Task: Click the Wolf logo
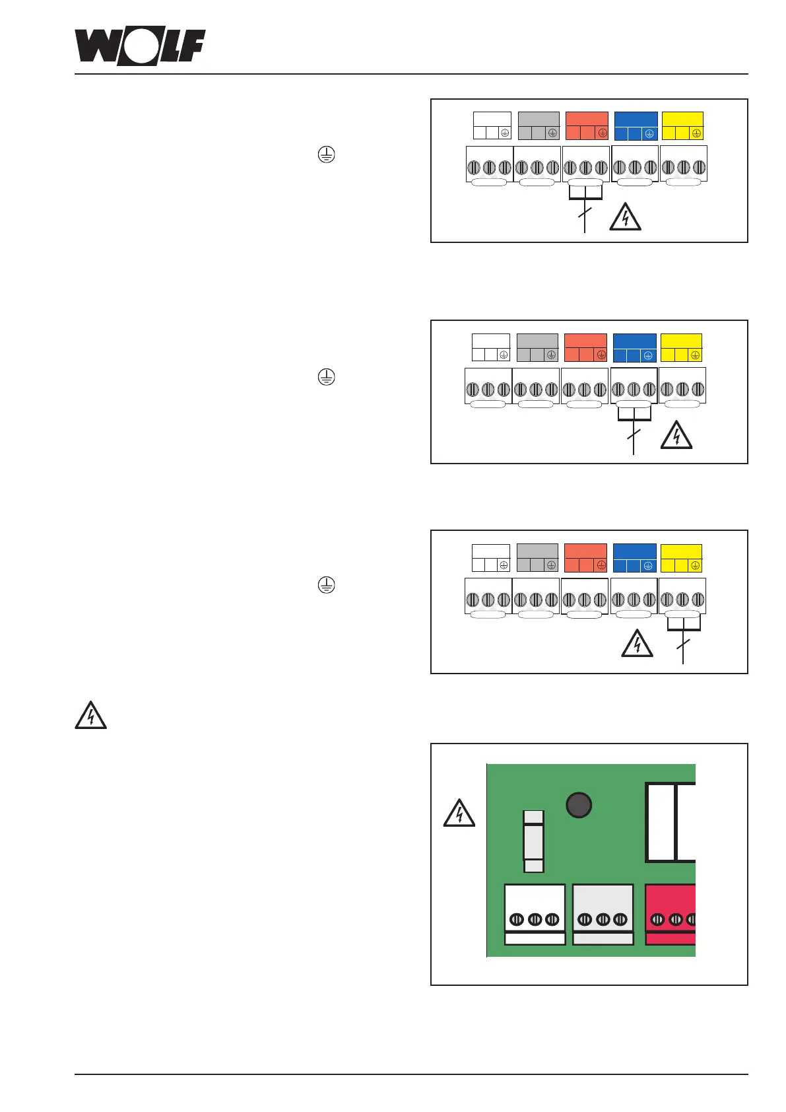(x=140, y=46)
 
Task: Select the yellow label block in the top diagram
(x=682, y=126)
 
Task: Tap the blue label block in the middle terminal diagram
(x=634, y=348)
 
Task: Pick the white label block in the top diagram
(x=492, y=126)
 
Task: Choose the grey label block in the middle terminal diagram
(x=537, y=348)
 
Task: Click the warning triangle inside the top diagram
(x=624, y=217)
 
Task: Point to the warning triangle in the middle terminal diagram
(x=676, y=436)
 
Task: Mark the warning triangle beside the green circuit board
(x=459, y=814)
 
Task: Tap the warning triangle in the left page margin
(x=91, y=716)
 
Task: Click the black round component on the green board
(x=579, y=805)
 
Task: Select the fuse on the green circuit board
(x=533, y=841)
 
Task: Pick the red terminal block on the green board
(x=671, y=915)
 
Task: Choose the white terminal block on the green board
(x=535, y=915)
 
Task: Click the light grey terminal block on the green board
(x=603, y=915)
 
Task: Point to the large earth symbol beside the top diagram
(x=326, y=155)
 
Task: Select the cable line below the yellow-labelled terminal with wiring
(x=683, y=644)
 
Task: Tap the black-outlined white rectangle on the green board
(x=670, y=822)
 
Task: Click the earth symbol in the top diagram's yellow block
(x=696, y=133)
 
